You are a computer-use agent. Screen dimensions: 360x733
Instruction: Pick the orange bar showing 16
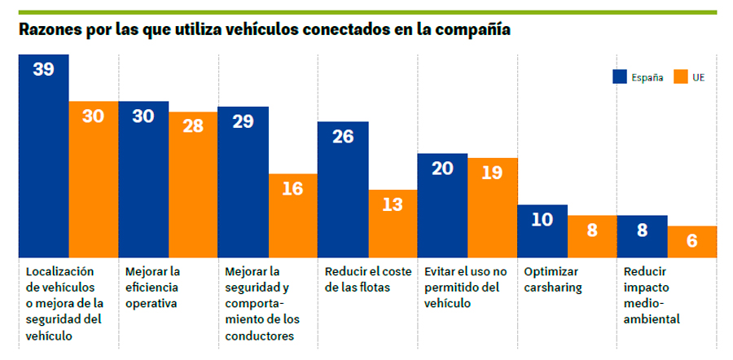pos(292,216)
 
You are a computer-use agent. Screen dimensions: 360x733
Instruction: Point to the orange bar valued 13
pos(393,224)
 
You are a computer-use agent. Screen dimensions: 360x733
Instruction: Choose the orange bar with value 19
pos(492,208)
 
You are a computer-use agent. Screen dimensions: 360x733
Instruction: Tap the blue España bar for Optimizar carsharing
pos(542,231)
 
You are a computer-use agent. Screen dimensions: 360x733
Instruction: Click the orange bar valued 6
pos(691,242)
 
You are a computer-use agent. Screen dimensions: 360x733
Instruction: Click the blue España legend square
pos(619,77)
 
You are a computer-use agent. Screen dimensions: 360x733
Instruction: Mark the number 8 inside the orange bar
pos(592,230)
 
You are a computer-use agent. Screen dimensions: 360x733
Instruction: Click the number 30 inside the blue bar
pos(143,116)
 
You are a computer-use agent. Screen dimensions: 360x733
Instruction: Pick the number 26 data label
pos(343,137)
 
